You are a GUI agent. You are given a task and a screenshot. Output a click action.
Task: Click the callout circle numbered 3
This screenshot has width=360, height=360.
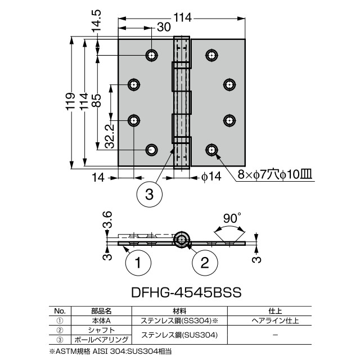point(149,195)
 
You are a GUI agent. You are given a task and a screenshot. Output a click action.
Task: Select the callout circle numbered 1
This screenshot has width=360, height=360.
point(138,263)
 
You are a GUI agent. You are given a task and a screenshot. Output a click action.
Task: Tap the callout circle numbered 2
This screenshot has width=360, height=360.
point(205,263)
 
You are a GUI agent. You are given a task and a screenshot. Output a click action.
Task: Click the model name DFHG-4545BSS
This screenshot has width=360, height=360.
point(186,292)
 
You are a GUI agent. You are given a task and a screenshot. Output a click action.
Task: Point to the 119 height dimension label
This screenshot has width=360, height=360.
point(70,101)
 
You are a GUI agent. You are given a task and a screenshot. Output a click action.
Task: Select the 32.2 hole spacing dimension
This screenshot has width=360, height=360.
point(109,136)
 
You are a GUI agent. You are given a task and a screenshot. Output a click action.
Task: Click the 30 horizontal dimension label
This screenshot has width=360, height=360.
point(164,27)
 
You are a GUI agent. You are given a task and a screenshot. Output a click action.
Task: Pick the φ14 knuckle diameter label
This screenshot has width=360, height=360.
point(211,177)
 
